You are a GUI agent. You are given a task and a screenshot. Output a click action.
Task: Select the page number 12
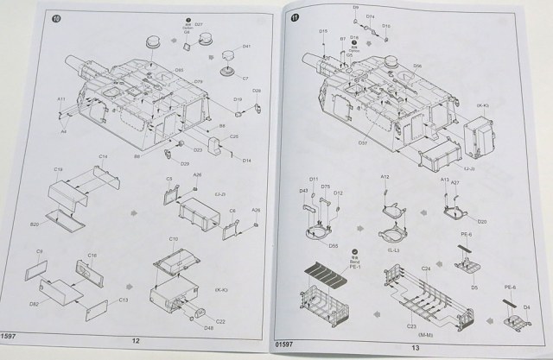point(135,340)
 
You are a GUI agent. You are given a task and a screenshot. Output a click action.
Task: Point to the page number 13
point(415,347)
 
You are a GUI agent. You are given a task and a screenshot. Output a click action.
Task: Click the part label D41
point(246,46)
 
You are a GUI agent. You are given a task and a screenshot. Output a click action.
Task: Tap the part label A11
point(61,100)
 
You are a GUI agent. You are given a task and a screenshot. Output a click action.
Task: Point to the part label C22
point(220,320)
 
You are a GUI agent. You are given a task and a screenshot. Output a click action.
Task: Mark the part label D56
point(416,66)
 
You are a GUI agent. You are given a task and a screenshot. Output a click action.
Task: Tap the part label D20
point(481,221)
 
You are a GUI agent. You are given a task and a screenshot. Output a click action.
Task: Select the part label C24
point(425,268)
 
